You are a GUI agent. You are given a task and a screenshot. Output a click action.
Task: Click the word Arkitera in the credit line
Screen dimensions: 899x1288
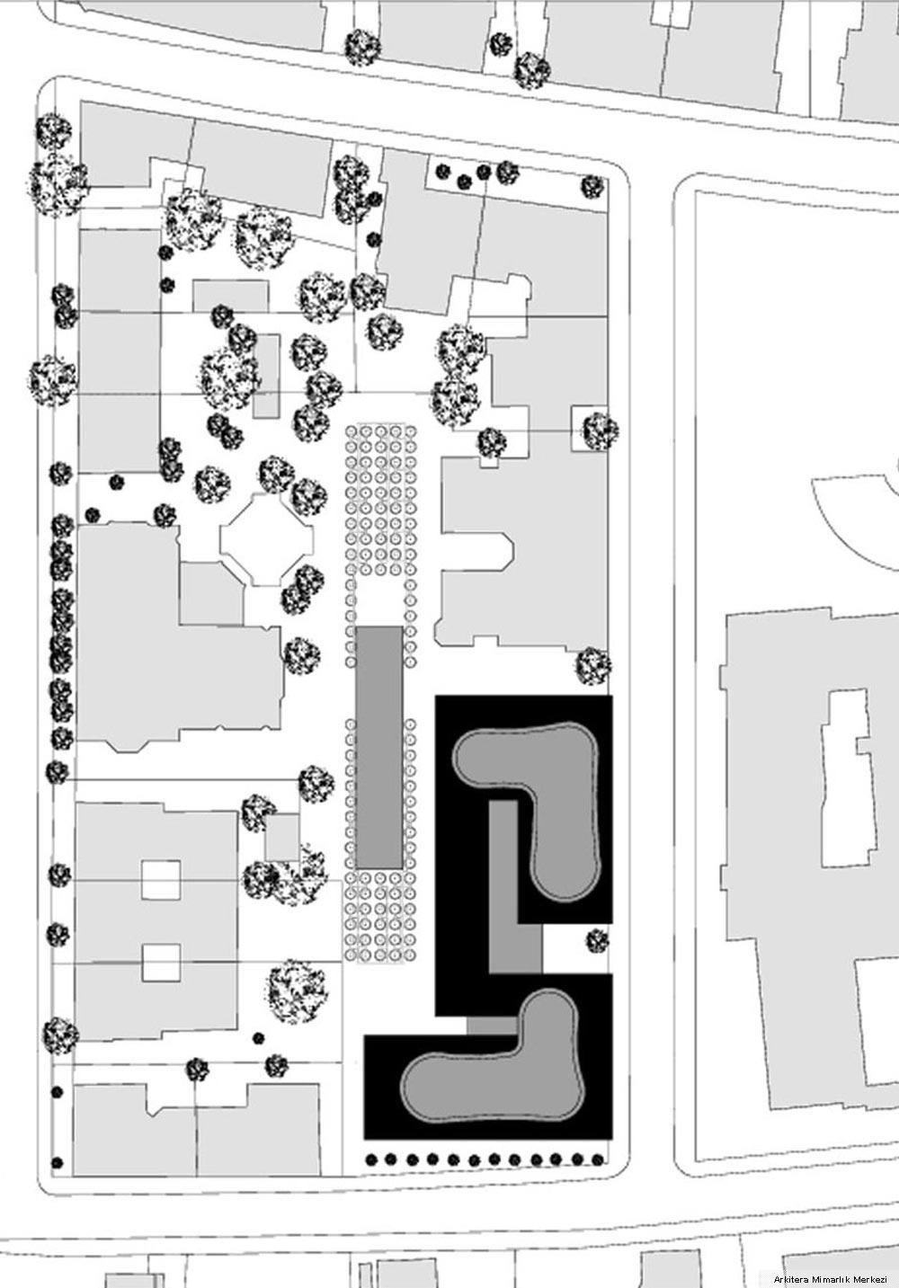click(x=789, y=1279)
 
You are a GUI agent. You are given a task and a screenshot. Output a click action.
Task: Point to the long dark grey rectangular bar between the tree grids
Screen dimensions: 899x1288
click(x=379, y=748)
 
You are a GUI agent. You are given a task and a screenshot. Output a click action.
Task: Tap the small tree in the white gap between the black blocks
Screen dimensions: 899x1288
click(x=597, y=941)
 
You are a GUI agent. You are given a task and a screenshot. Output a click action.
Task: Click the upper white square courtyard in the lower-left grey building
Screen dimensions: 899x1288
click(x=161, y=880)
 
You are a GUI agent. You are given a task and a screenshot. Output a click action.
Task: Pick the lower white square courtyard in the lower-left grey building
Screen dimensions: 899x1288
click(x=161, y=964)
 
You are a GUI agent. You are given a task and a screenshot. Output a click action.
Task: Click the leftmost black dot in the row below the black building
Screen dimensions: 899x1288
click(x=371, y=1159)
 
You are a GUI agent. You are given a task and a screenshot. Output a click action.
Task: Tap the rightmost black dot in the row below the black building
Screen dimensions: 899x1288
click(x=598, y=1159)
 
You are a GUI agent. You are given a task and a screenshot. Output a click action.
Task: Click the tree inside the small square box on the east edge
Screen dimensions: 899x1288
click(x=600, y=431)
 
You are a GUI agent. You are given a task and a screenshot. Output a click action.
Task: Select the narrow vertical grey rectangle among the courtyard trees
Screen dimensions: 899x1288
click(x=267, y=376)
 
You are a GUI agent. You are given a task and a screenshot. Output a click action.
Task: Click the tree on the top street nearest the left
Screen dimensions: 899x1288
click(x=363, y=47)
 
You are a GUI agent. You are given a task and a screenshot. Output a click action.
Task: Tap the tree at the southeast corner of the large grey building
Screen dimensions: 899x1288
click(x=593, y=666)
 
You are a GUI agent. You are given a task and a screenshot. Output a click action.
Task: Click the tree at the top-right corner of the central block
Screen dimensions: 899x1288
click(x=592, y=187)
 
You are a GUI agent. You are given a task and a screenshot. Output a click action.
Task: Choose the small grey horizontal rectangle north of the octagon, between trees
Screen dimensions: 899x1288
click(x=230, y=296)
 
